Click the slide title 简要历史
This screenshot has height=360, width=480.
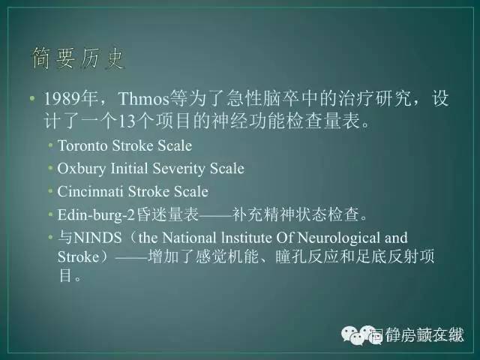[x=78, y=58]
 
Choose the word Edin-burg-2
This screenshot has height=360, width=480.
[x=97, y=214]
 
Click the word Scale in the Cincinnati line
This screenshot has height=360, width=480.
[x=192, y=191]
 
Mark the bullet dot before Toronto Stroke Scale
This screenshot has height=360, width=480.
[x=51, y=145]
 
